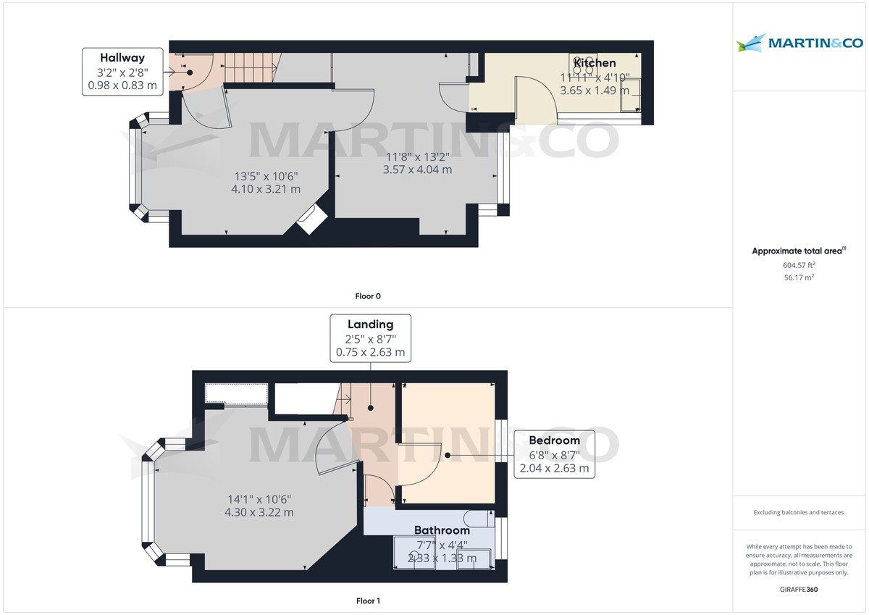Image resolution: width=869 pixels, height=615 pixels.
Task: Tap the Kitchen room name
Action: pos(595,63)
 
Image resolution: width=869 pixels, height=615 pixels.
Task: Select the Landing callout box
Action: pos(370,338)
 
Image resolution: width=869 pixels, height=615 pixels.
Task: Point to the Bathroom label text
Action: pos(442,530)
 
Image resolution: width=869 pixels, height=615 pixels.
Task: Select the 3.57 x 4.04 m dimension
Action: pos(418,170)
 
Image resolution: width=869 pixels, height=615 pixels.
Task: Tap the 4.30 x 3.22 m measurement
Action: pos(259,512)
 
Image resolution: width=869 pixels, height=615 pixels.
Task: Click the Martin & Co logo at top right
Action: pos(799,43)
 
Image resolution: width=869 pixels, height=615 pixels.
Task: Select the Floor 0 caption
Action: pos(368,296)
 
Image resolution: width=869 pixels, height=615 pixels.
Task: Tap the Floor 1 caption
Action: pos(368,601)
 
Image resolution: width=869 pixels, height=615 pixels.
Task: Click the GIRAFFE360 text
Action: pos(799,590)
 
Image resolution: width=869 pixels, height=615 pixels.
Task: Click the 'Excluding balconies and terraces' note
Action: pos(799,512)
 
